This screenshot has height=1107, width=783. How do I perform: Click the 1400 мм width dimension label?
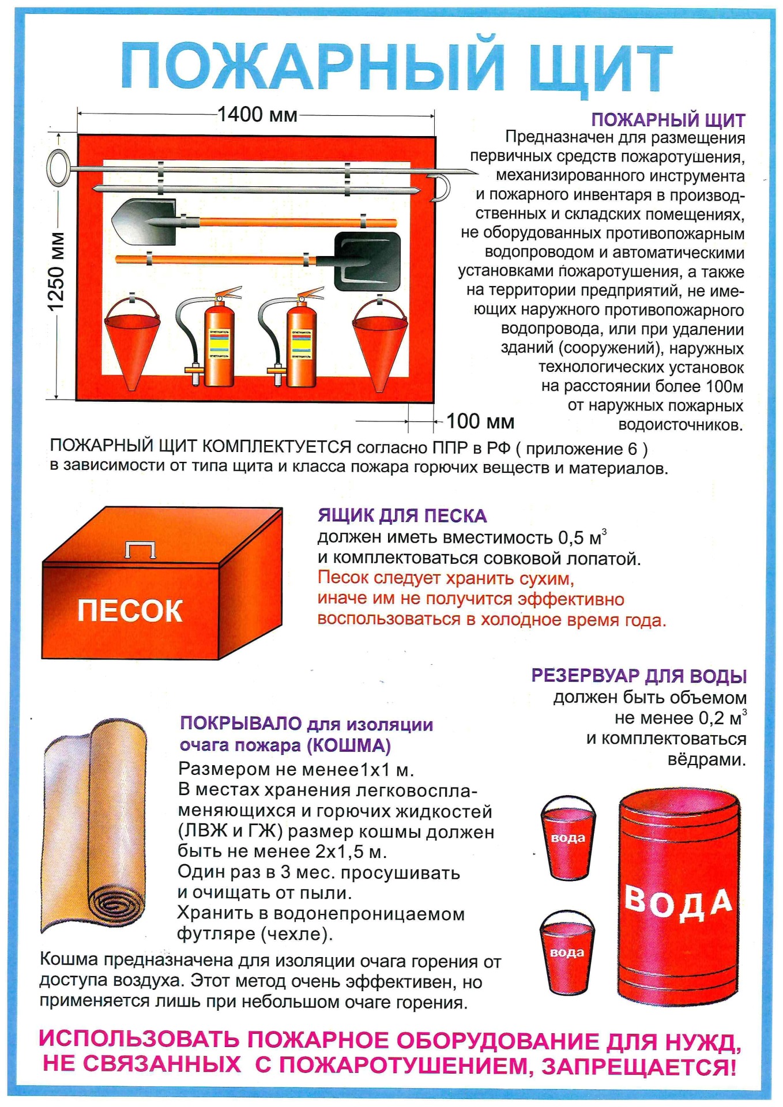pyautogui.click(x=257, y=115)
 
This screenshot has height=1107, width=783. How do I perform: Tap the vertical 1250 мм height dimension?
pyautogui.click(x=57, y=271)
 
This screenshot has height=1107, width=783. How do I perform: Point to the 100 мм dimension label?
pyautogui.click(x=480, y=421)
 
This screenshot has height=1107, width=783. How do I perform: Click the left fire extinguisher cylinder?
pyautogui.click(x=219, y=346)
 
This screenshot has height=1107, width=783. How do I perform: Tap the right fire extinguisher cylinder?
pyautogui.click(x=302, y=346)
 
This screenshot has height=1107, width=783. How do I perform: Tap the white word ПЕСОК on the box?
pyautogui.click(x=130, y=611)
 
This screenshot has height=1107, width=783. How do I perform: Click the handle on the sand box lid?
pyautogui.click(x=141, y=549)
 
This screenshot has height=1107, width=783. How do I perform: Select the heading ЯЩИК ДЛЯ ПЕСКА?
pyautogui.click(x=402, y=515)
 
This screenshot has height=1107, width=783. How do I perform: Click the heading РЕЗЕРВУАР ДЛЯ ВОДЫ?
pyautogui.click(x=639, y=676)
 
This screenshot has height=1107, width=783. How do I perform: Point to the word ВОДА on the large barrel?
pyautogui.click(x=679, y=903)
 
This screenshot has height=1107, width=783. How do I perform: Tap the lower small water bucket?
pyautogui.click(x=566, y=952)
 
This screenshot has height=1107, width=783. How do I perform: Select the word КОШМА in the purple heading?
pyautogui.click(x=349, y=745)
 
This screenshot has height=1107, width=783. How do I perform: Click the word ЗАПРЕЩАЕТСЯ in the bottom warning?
pyautogui.click(x=639, y=1067)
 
